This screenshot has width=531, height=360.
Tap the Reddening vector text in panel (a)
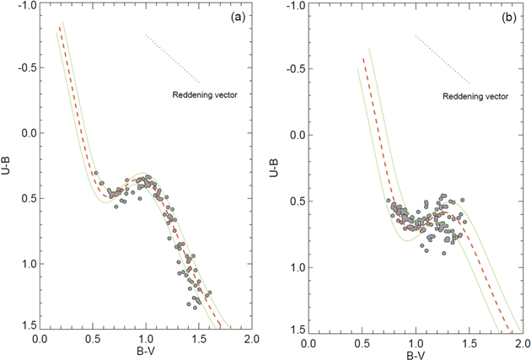click(x=205, y=94)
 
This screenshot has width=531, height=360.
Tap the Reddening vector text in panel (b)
click(x=476, y=96)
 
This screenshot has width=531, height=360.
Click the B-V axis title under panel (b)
click(x=414, y=354)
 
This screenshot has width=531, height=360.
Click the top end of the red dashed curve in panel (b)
click(x=363, y=59)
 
